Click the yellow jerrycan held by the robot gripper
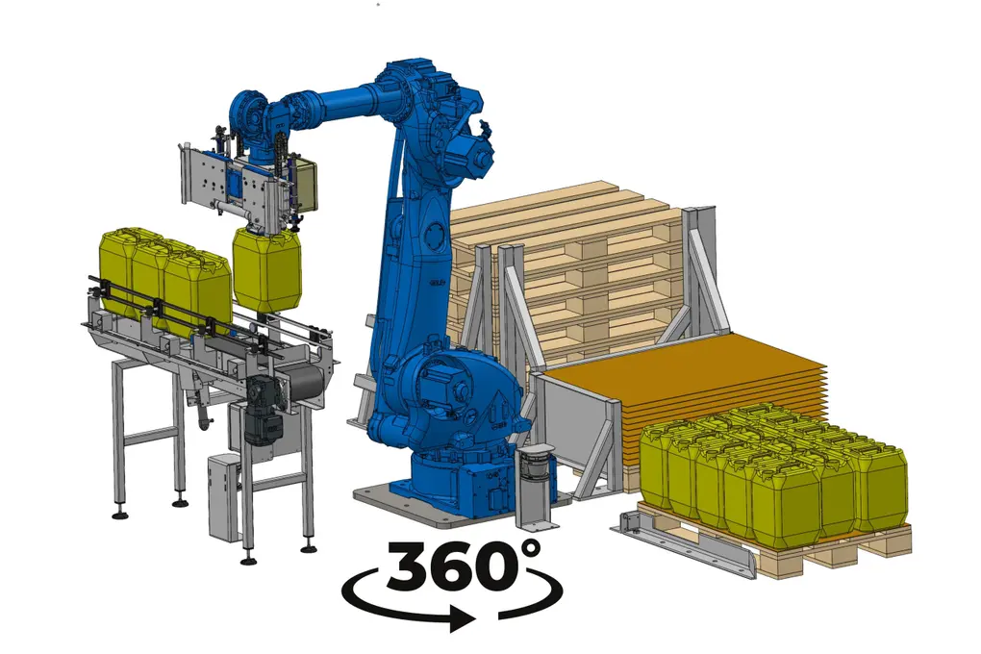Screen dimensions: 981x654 point(267,269)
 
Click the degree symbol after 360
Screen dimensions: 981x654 point(529,549)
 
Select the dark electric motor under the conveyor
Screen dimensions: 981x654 point(262,411)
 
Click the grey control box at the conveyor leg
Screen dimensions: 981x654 point(223,497)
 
